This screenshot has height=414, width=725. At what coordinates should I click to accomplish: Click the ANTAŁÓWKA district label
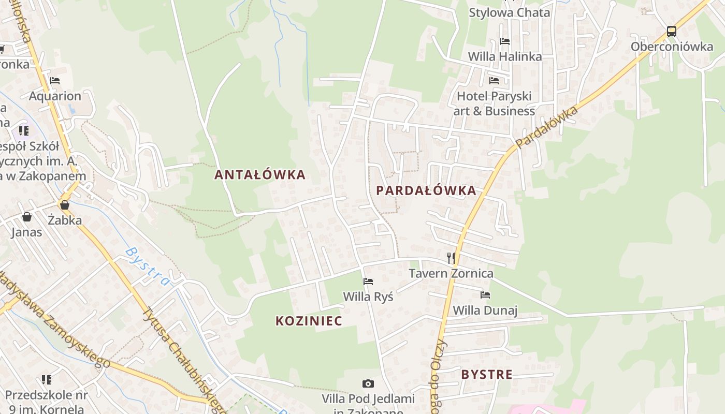tap(260, 175)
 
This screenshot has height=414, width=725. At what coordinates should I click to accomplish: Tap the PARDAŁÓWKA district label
tap(426, 190)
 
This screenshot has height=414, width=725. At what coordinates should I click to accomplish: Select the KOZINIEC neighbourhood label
tap(309, 321)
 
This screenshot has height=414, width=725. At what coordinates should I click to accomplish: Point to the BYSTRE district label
tap(487, 375)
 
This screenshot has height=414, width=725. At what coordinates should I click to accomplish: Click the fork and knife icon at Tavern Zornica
tap(451, 258)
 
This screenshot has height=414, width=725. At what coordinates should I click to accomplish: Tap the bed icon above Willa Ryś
tap(368, 282)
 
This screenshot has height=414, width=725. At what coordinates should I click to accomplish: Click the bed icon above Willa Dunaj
tap(485, 295)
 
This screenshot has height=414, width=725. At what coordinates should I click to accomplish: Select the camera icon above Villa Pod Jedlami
tap(368, 383)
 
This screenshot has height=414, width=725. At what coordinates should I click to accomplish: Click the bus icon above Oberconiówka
tap(672, 31)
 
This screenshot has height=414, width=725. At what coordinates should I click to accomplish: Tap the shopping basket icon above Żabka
tap(65, 205)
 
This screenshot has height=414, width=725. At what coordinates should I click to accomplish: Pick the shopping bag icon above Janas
tap(26, 217)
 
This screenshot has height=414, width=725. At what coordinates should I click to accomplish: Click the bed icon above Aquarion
tap(55, 81)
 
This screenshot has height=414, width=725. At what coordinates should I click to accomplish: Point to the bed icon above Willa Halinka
tap(505, 41)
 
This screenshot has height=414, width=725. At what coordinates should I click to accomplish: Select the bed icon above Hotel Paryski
tap(494, 81)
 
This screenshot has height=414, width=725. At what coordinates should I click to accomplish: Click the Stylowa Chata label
tap(509, 12)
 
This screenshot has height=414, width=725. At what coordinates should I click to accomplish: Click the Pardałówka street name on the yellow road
tap(546, 126)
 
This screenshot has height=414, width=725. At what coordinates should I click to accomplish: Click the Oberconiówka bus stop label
tap(672, 47)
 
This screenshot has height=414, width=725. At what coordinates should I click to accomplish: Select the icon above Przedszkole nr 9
tap(47, 380)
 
